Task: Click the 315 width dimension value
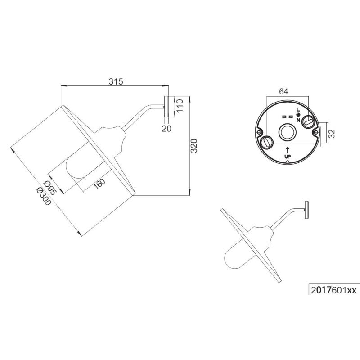coord(116,81)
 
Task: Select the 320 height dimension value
coord(194,146)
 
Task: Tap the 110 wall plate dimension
coord(180,105)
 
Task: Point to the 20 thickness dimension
coord(166,129)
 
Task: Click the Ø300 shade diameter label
coord(43,196)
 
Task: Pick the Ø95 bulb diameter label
coord(49,188)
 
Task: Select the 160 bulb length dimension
coord(99,184)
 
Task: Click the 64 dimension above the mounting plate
coord(283,91)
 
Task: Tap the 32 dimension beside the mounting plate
coord(332,134)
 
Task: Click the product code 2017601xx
coord(333,290)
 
